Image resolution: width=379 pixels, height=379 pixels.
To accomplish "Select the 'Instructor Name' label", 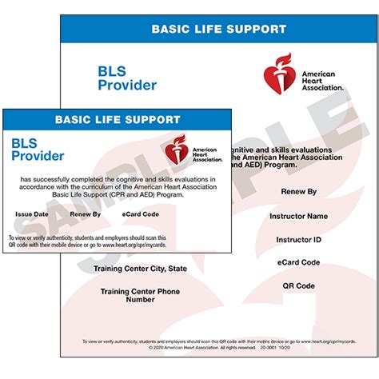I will point(299,216).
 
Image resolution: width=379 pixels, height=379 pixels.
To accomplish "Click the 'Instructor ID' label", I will point(299,239).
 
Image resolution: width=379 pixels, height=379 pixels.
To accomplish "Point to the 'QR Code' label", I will point(299,285).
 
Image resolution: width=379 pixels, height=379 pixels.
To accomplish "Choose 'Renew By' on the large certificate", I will point(299,192).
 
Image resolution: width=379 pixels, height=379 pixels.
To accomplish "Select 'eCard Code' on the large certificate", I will point(299,262).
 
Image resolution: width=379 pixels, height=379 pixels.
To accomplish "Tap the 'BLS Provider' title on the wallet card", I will point(37,150).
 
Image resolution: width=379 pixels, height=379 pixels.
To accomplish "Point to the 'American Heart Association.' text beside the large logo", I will point(321,80).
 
